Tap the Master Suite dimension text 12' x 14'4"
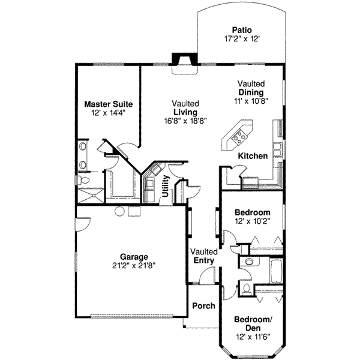(108, 113)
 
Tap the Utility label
(166, 185)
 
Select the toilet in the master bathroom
(85, 179)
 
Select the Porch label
(203, 306)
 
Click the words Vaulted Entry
(202, 256)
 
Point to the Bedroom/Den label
(252, 324)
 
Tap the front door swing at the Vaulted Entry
(207, 276)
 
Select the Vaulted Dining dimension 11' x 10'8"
(251, 101)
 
